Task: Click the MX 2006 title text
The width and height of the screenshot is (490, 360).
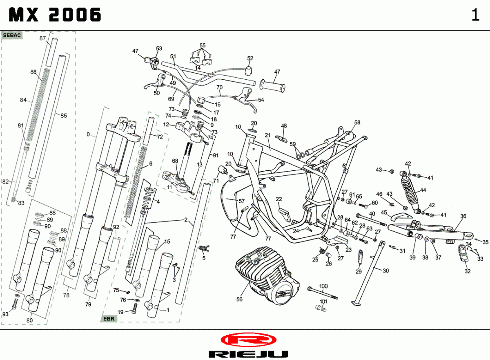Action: tap(55, 16)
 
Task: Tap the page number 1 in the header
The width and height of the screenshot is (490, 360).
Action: tap(475, 16)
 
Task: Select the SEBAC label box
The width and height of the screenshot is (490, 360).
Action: tap(12, 36)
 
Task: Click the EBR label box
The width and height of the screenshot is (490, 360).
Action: tap(109, 319)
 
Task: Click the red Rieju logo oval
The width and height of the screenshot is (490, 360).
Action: tap(246, 340)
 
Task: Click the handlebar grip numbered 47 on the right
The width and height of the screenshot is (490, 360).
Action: tap(273, 87)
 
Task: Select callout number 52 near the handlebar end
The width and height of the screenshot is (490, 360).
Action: tap(250, 58)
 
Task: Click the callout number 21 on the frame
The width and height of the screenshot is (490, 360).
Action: tap(268, 135)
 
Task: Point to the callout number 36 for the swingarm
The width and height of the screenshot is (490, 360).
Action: tap(463, 216)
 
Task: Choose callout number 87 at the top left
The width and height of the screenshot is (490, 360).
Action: tap(42, 38)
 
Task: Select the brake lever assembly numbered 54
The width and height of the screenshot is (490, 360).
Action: tap(247, 99)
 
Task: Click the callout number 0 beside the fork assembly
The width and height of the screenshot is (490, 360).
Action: tap(88, 134)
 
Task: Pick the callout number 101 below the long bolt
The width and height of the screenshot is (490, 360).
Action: tap(323, 302)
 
